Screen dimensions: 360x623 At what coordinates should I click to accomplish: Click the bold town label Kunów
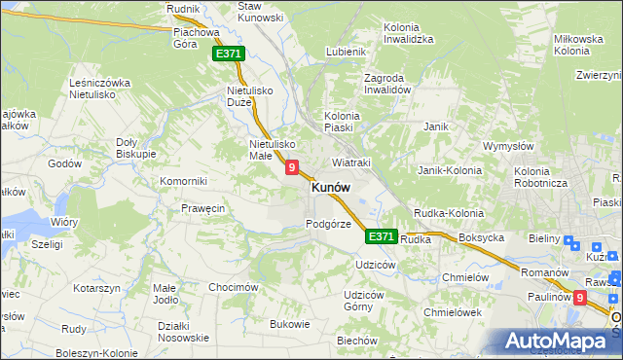pos(330,189)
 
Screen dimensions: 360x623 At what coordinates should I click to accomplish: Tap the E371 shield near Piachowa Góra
pos(229,54)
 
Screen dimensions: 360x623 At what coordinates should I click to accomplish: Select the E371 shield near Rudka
pos(381,236)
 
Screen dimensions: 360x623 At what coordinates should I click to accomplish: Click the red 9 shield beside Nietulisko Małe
pos(291,168)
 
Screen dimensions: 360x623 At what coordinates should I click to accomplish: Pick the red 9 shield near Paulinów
pos(581,299)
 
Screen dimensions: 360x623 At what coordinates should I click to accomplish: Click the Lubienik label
pos(346,52)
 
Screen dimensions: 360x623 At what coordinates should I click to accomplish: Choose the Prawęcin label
pos(203,208)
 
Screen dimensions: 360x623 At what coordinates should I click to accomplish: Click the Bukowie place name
pos(289,324)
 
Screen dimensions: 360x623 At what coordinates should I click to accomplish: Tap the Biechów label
pos(356,341)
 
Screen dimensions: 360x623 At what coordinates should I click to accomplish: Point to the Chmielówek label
pos(454,312)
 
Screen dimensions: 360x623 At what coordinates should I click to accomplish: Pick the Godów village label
pos(63,164)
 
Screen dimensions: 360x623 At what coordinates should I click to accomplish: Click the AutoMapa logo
pos(559,342)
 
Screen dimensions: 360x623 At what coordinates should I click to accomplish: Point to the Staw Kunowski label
pos(261,12)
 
